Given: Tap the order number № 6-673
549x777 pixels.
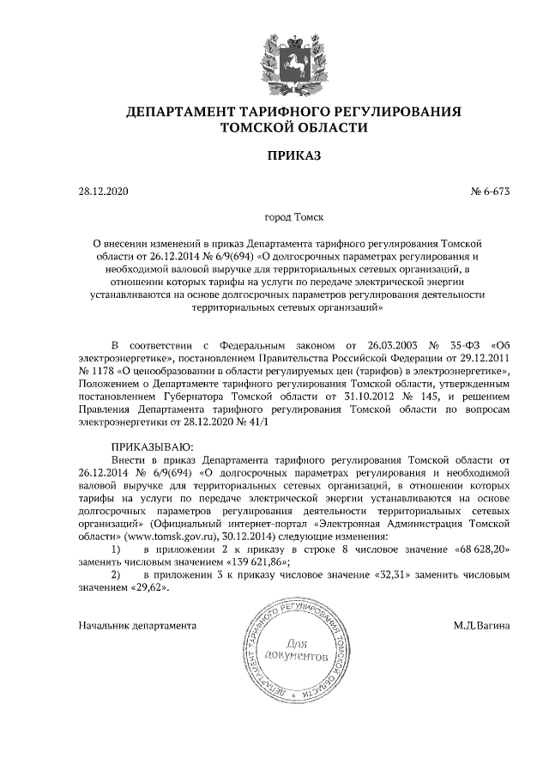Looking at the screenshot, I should pyautogui.click(x=490, y=193).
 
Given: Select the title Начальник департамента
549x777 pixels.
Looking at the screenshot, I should pyautogui.click(x=136, y=625).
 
